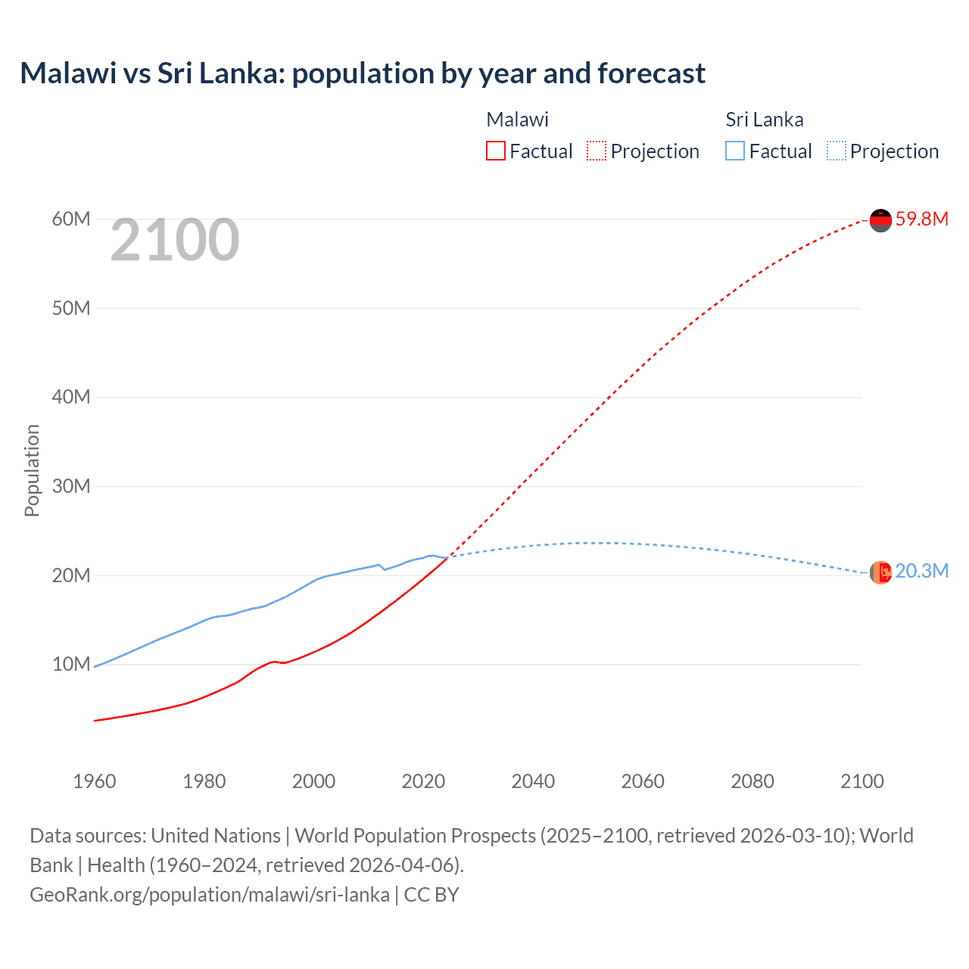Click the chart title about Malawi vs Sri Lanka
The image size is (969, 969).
coord(363,73)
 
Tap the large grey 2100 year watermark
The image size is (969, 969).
coord(175,240)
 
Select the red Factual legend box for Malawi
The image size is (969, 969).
coord(495,151)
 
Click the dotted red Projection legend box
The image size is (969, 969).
coord(597,151)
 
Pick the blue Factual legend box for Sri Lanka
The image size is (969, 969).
coord(735,151)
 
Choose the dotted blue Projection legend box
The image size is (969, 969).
coord(837,151)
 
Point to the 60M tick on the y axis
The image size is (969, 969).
coord(71,220)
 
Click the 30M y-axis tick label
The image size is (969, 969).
coord(71,486)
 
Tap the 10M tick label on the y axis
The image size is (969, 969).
coord(71,664)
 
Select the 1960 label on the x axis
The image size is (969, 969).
coord(95,781)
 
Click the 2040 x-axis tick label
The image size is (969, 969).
coord(533,781)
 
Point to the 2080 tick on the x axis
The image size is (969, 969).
coord(752,781)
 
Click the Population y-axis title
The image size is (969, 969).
coord(32,470)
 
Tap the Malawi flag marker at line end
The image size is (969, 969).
coord(880,220)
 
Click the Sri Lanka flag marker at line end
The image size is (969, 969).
coord(880,573)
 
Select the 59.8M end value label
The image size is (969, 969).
coord(921,220)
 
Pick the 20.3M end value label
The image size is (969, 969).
coord(921,572)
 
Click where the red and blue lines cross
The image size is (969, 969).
coord(449,557)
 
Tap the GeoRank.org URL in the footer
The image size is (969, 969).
coord(210,895)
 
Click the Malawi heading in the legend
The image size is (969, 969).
coord(517,120)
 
